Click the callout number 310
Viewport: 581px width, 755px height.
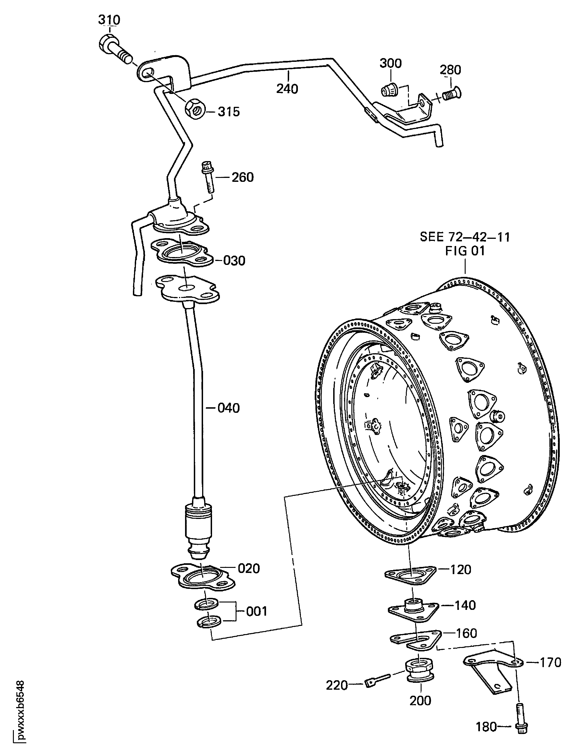click(x=109, y=20)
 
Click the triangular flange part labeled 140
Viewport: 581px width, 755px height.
click(x=413, y=611)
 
